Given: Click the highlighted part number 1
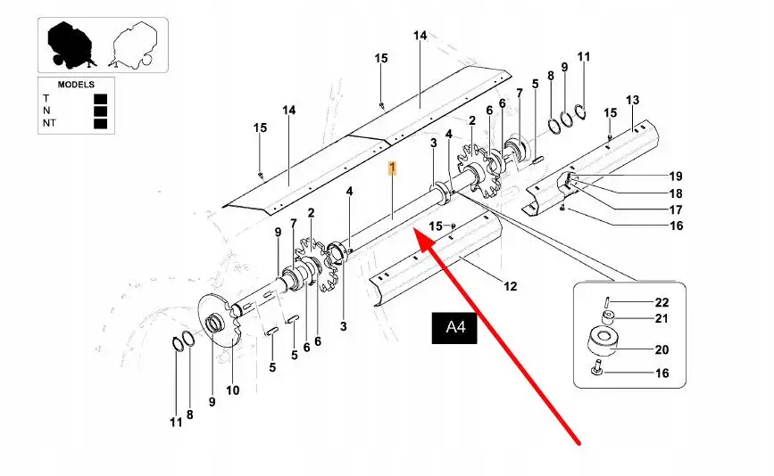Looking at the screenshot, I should tap(392, 167).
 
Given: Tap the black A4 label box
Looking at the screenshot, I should tap(456, 327).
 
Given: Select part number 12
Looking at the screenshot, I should tap(510, 286).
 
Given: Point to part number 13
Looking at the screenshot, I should tap(632, 99).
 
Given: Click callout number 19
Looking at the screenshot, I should tap(676, 176).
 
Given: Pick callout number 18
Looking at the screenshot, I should tap(676, 193).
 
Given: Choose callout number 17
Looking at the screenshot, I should tap(676, 209).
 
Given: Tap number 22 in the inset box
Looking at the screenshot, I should tap(662, 303).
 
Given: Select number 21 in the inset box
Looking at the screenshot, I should tap(662, 318).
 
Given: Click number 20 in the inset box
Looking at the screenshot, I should tap(662, 349).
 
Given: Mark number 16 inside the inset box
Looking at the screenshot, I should tap(662, 373).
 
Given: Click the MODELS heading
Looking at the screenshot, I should tap(76, 84).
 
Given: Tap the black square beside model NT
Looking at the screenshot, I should tap(100, 124).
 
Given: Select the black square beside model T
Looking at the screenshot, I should tap(100, 98).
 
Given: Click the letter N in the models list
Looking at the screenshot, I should tap(46, 111).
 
